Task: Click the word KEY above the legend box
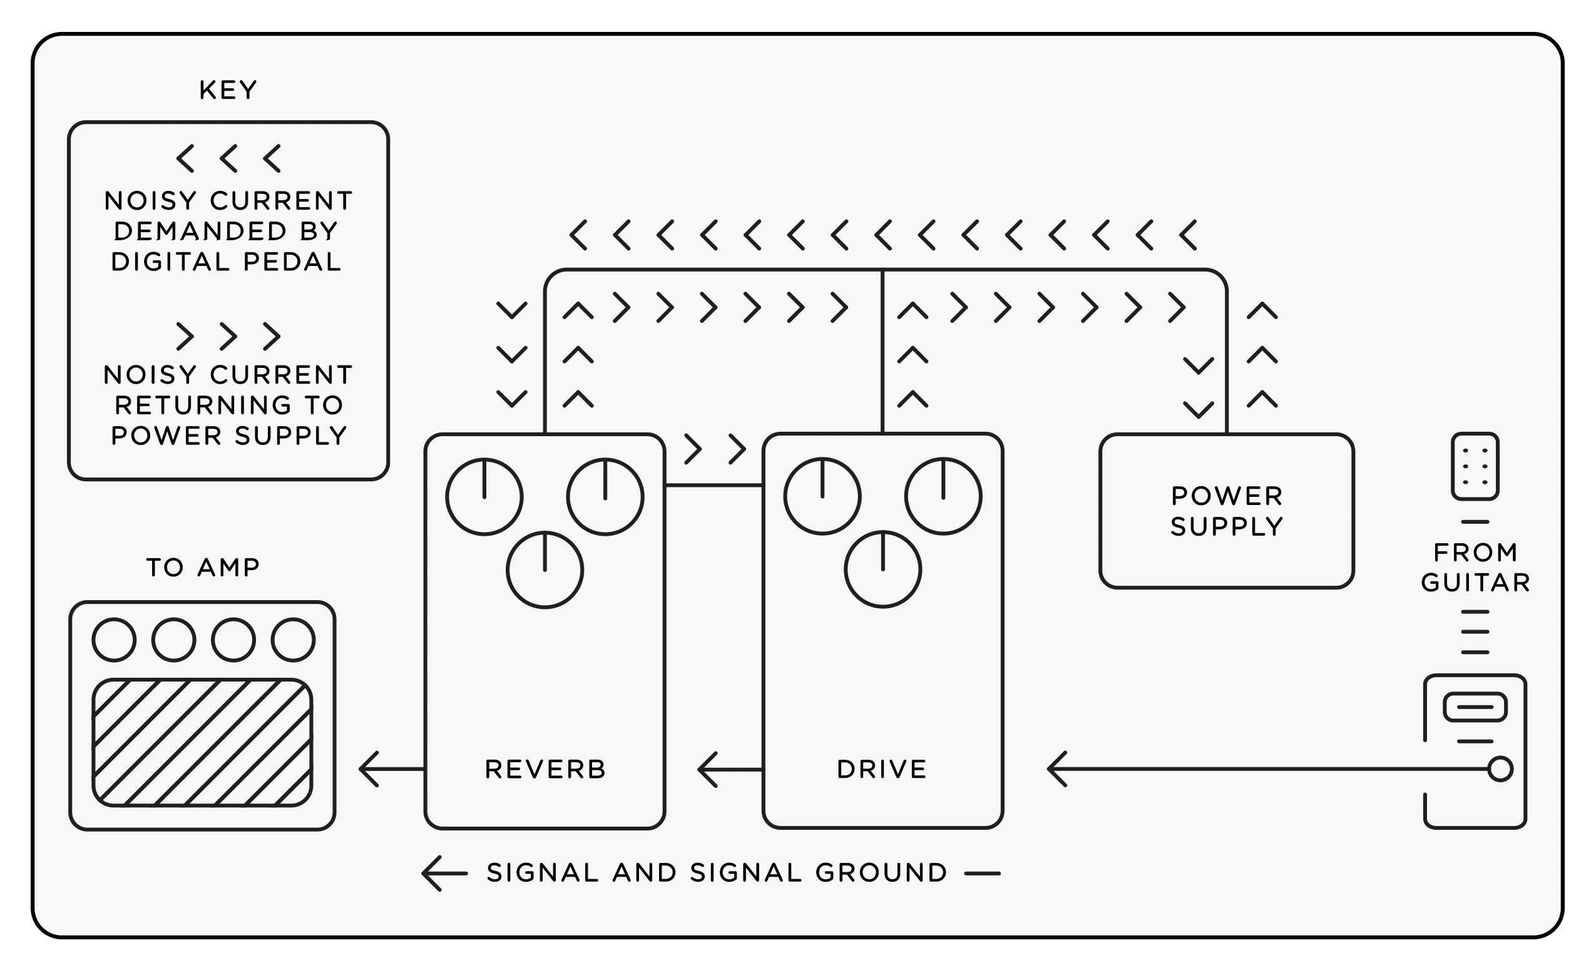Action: click(x=228, y=90)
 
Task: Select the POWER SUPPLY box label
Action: click(x=1226, y=511)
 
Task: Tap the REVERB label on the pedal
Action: click(x=545, y=769)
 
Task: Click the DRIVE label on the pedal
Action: click(x=882, y=769)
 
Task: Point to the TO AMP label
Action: click(x=203, y=568)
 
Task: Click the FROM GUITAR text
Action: click(x=1475, y=568)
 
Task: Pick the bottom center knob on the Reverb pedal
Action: click(x=545, y=570)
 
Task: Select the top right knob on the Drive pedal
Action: click(x=943, y=496)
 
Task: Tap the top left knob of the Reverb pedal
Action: click(x=484, y=497)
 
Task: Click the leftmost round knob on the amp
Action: click(x=114, y=640)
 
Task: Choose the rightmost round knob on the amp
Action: click(x=294, y=640)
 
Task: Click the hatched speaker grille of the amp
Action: click(x=202, y=742)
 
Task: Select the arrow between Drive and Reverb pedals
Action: click(x=729, y=769)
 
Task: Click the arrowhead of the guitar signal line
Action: click(x=1057, y=769)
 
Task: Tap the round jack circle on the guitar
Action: click(x=1500, y=769)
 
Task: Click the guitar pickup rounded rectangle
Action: click(x=1475, y=707)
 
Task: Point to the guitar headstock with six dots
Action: click(x=1475, y=466)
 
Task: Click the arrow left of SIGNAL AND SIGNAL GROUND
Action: click(x=444, y=873)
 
